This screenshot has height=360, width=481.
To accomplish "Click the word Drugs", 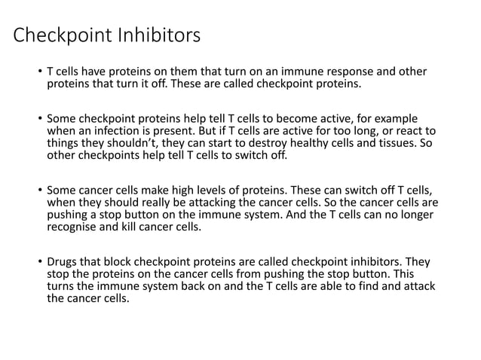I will click(63, 262).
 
